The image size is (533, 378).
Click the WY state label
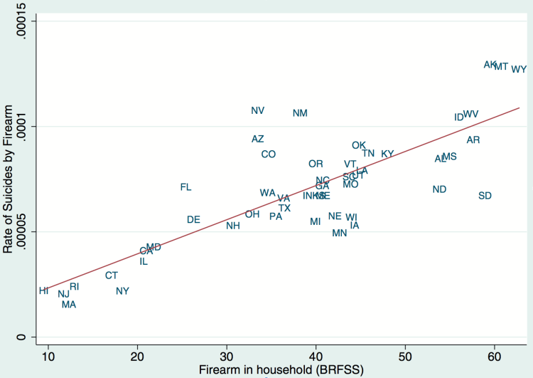tap(519, 69)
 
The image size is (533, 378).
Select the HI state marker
tap(44, 290)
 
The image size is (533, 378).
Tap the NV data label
tap(258, 110)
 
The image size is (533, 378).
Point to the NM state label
tap(300, 113)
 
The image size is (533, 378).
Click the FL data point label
tap(185, 187)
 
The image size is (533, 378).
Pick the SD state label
tap(485, 196)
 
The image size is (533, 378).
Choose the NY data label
tap(122, 290)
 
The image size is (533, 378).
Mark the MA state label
tap(69, 305)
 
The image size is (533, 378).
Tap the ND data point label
tap(439, 189)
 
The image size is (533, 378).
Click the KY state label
tap(387, 154)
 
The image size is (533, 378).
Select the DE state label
tap(193, 219)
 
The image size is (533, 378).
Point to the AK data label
tap(490, 65)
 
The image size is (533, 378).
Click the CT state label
tap(112, 275)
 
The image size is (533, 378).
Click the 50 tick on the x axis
tap(405, 355)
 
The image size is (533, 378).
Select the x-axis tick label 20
tap(137, 355)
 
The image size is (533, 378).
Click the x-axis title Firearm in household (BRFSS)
tap(278, 369)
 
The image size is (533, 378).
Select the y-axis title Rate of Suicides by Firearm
tap(9, 179)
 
